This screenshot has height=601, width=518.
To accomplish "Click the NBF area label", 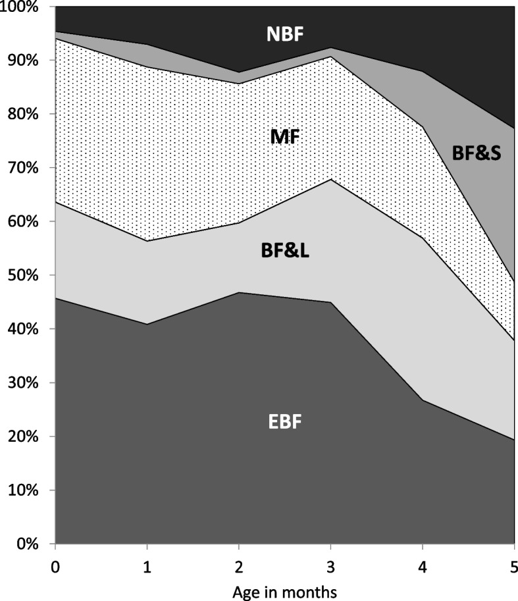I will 285,34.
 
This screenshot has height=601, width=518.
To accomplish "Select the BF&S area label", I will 477,153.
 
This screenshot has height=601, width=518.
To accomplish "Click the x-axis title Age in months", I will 284,592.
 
